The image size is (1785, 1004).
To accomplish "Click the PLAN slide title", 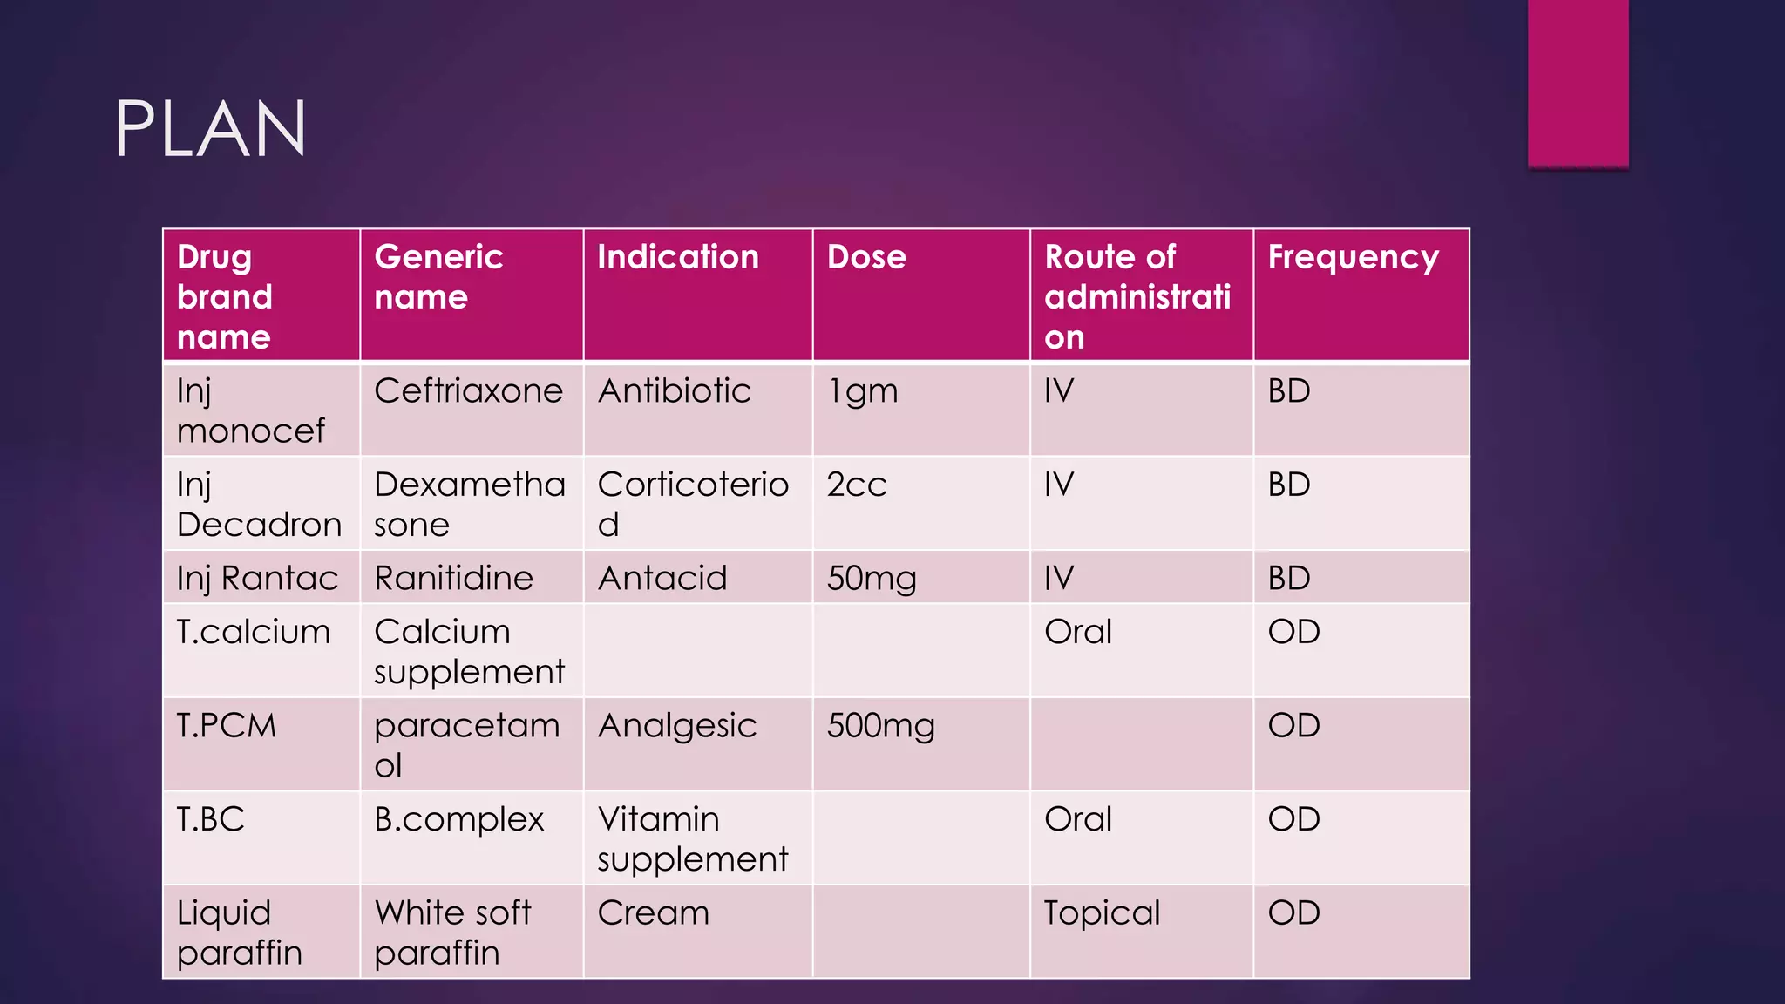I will (x=210, y=129).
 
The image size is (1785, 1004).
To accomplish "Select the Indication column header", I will (x=677, y=257).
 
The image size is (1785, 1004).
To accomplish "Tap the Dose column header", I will (x=866, y=257).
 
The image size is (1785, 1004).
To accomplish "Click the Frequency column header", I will (x=1353, y=258).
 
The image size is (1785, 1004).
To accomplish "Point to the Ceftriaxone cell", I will (x=468, y=390).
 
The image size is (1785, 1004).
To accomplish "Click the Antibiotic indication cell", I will (x=674, y=390).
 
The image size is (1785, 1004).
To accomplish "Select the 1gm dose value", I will (x=862, y=391).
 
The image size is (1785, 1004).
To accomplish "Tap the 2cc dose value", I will (x=856, y=485).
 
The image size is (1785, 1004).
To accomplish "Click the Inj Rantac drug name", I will (x=257, y=578).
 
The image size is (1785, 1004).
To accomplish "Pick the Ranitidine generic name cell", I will (x=453, y=578).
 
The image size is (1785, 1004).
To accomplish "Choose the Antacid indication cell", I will (x=662, y=578).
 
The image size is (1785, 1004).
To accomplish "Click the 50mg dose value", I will (x=871, y=578).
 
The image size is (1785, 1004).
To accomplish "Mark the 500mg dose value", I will (x=880, y=725).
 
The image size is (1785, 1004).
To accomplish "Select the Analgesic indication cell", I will (x=677, y=726).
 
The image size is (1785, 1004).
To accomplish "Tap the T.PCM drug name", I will (x=226, y=725).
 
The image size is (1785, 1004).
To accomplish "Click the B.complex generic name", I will (x=458, y=819).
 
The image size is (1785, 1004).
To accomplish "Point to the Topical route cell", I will (x=1102, y=912).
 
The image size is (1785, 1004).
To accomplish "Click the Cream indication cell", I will (x=653, y=912).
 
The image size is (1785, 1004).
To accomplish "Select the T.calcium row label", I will (x=253, y=632).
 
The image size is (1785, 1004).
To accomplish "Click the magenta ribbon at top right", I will (x=1578, y=83).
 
